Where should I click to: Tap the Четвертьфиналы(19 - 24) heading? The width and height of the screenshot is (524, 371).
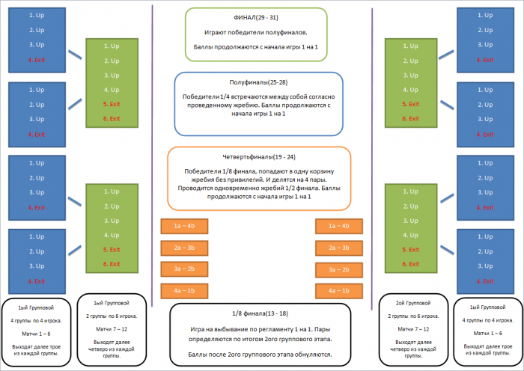[259, 156]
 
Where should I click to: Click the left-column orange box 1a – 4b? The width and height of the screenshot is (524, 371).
[184, 226]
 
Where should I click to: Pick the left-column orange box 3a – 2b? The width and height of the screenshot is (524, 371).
[184, 268]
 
